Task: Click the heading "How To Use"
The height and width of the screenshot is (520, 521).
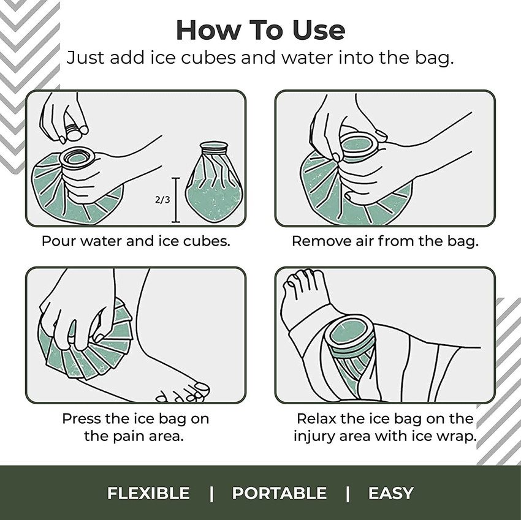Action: click(260, 29)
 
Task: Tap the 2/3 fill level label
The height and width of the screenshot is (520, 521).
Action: click(162, 200)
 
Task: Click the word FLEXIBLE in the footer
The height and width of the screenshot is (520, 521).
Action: click(148, 493)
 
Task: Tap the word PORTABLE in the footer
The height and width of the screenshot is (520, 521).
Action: click(279, 493)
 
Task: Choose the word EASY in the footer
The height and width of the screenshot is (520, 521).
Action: click(390, 493)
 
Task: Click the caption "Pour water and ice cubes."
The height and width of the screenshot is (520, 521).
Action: click(135, 241)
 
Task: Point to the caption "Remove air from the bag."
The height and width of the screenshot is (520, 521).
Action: click(385, 241)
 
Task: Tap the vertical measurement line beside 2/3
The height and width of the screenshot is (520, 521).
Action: click(177, 200)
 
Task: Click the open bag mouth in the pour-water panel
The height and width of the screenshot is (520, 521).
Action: click(77, 157)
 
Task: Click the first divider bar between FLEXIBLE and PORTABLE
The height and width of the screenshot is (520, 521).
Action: click(211, 493)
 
